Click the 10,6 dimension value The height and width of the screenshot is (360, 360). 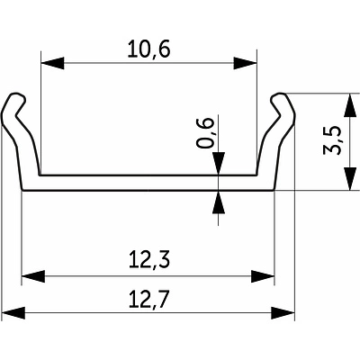(148, 49)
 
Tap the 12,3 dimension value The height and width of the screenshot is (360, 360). (149, 260)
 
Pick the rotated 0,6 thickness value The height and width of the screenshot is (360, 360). (205, 133)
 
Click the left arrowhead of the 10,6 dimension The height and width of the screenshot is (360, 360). (52, 63)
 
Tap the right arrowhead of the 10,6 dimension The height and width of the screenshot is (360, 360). (245, 63)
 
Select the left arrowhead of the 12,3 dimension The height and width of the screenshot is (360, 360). (33, 276)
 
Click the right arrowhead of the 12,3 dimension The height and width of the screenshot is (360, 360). (263, 276)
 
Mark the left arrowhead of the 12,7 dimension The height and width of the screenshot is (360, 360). (13, 313)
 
